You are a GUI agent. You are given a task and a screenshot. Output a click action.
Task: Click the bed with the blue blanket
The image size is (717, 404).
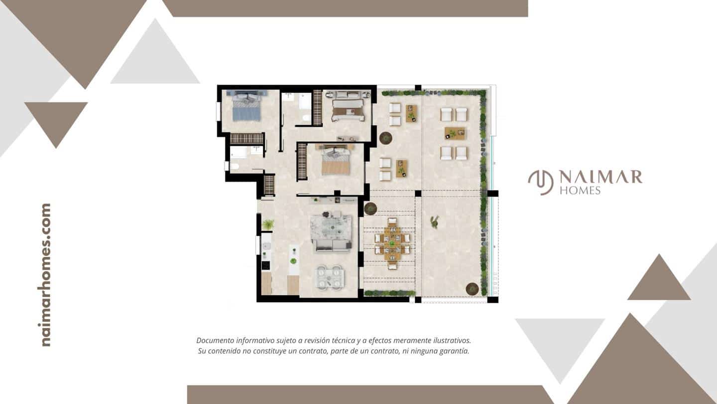(x=246, y=107)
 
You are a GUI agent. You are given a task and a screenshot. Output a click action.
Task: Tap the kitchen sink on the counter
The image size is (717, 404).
(x=266, y=246)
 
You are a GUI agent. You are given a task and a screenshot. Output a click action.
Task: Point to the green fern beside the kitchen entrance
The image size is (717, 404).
(x=268, y=224)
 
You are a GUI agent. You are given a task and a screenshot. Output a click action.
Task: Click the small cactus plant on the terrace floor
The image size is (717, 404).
(x=435, y=222)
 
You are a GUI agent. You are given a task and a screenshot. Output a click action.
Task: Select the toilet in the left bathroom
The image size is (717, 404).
(x=235, y=166)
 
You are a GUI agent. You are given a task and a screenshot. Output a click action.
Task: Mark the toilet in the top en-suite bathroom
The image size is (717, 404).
(x=305, y=118)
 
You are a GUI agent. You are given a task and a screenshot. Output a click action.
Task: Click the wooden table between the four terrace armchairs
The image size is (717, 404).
(x=454, y=133)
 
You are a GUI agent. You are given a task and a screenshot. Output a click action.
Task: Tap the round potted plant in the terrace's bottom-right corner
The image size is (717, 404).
(x=472, y=288)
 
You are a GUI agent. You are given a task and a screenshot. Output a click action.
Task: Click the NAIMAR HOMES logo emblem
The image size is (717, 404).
(x=540, y=183)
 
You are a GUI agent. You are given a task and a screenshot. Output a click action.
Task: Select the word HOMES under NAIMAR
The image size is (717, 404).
(x=580, y=190)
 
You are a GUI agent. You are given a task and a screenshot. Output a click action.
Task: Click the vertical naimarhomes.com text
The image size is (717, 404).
(x=46, y=274)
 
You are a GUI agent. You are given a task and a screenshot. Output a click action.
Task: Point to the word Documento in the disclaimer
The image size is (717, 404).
(x=216, y=340)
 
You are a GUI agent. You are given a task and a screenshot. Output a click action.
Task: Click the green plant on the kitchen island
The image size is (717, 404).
(x=294, y=260)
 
